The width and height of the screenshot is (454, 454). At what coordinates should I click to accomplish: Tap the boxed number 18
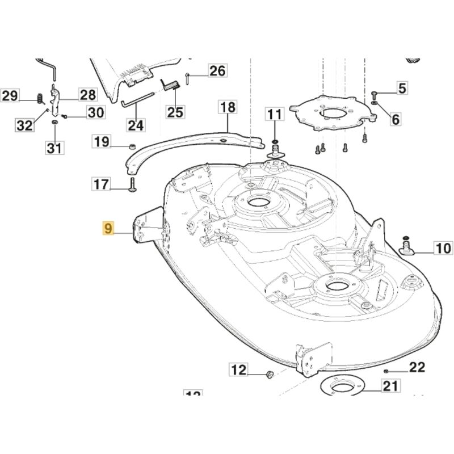pyautogui.click(x=227, y=107)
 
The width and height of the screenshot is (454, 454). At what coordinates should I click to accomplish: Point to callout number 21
pyautogui.click(x=389, y=387)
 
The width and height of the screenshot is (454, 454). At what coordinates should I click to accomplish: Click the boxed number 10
pyautogui.click(x=443, y=247)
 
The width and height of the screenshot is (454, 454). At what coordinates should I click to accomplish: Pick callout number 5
pyautogui.click(x=402, y=88)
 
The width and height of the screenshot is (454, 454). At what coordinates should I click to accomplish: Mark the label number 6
pyautogui.click(x=396, y=119)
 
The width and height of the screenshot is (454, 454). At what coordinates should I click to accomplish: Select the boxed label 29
pyautogui.click(x=10, y=96)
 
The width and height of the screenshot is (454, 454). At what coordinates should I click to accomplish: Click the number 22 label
pyautogui.click(x=417, y=368)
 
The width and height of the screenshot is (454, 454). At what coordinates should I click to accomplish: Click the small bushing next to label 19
pyautogui.click(x=132, y=146)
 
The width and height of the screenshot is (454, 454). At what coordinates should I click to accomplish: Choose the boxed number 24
pyautogui.click(x=136, y=124)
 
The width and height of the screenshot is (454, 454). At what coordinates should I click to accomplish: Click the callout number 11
pyautogui.click(x=274, y=114)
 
